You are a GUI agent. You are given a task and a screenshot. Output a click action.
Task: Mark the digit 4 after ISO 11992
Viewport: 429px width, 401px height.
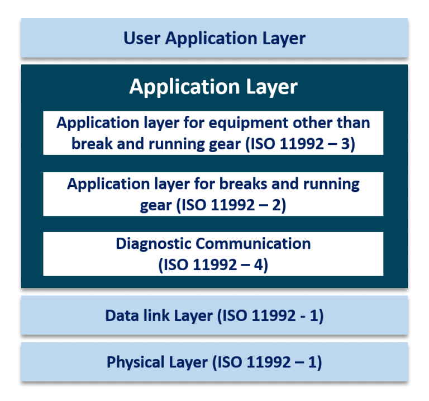click(262, 265)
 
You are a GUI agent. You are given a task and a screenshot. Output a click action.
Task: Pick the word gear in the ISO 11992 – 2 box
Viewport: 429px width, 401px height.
click(156, 206)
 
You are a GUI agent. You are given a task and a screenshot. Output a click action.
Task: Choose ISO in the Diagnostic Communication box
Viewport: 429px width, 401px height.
click(177, 265)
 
